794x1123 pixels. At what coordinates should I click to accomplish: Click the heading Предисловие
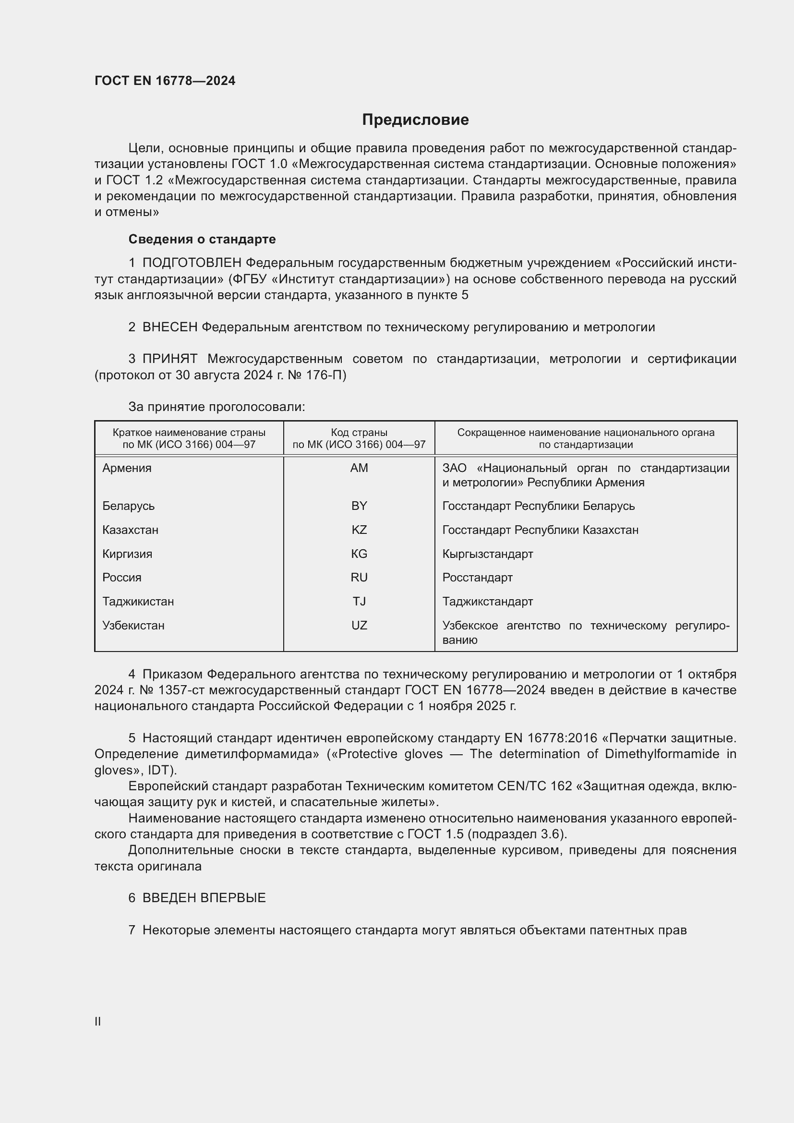(415, 120)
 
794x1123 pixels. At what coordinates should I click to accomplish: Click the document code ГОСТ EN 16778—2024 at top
(165, 81)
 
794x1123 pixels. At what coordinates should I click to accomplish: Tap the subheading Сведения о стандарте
(202, 239)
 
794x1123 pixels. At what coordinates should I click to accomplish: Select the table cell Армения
(127, 468)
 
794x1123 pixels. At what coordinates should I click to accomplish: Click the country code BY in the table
(359, 506)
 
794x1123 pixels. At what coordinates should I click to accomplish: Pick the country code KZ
(359, 530)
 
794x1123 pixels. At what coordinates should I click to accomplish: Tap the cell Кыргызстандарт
(487, 554)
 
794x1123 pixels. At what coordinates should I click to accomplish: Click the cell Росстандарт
(477, 578)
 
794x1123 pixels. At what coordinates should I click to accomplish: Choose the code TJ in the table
(359, 602)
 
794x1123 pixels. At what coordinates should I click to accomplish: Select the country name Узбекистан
(133, 626)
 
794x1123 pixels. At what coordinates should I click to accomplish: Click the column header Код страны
(359, 433)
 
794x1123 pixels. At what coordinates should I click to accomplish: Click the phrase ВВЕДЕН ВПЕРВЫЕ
(204, 898)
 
